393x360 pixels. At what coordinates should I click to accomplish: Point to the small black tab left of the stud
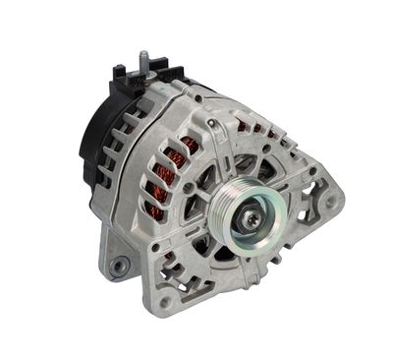click(x=121, y=72)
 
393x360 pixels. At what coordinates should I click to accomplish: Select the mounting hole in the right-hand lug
click(x=331, y=201)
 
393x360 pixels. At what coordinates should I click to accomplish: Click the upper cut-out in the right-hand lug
click(x=313, y=176)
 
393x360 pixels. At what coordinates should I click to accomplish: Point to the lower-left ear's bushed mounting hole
click(x=119, y=265)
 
